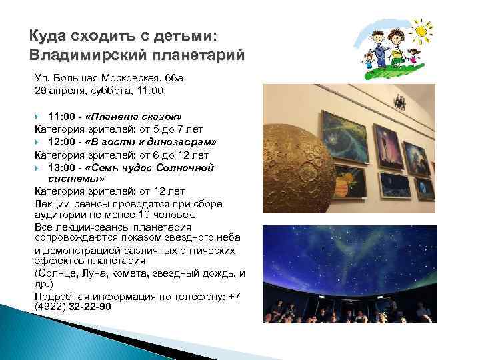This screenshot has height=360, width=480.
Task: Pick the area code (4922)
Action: [48, 307]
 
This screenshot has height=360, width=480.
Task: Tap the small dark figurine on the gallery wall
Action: [399, 101]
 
